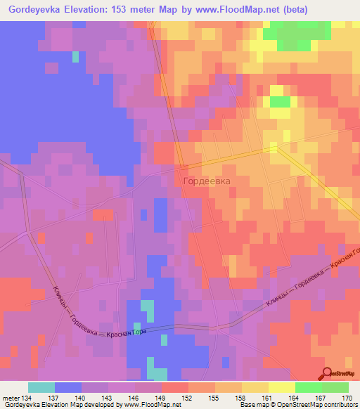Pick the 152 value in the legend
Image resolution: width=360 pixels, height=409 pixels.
[x=188, y=398]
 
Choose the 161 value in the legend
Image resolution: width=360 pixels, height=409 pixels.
[x=268, y=398]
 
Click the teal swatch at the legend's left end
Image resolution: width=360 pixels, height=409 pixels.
[x=41, y=387]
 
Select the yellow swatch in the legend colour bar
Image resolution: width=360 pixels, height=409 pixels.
[x=281, y=387]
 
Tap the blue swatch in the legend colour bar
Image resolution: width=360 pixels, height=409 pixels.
[x=67, y=387]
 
